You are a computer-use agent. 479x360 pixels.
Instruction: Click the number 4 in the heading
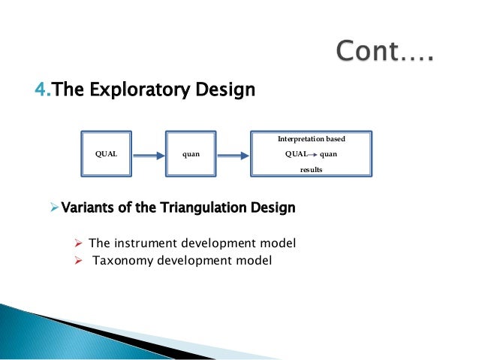click(x=39, y=91)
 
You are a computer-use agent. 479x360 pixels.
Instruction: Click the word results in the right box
click(x=311, y=171)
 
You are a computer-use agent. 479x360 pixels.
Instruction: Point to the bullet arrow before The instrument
click(x=77, y=244)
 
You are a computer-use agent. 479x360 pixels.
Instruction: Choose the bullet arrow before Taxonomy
click(x=77, y=261)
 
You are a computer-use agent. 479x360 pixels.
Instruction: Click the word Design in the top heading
click(x=225, y=91)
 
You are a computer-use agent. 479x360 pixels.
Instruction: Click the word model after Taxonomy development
click(x=252, y=261)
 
